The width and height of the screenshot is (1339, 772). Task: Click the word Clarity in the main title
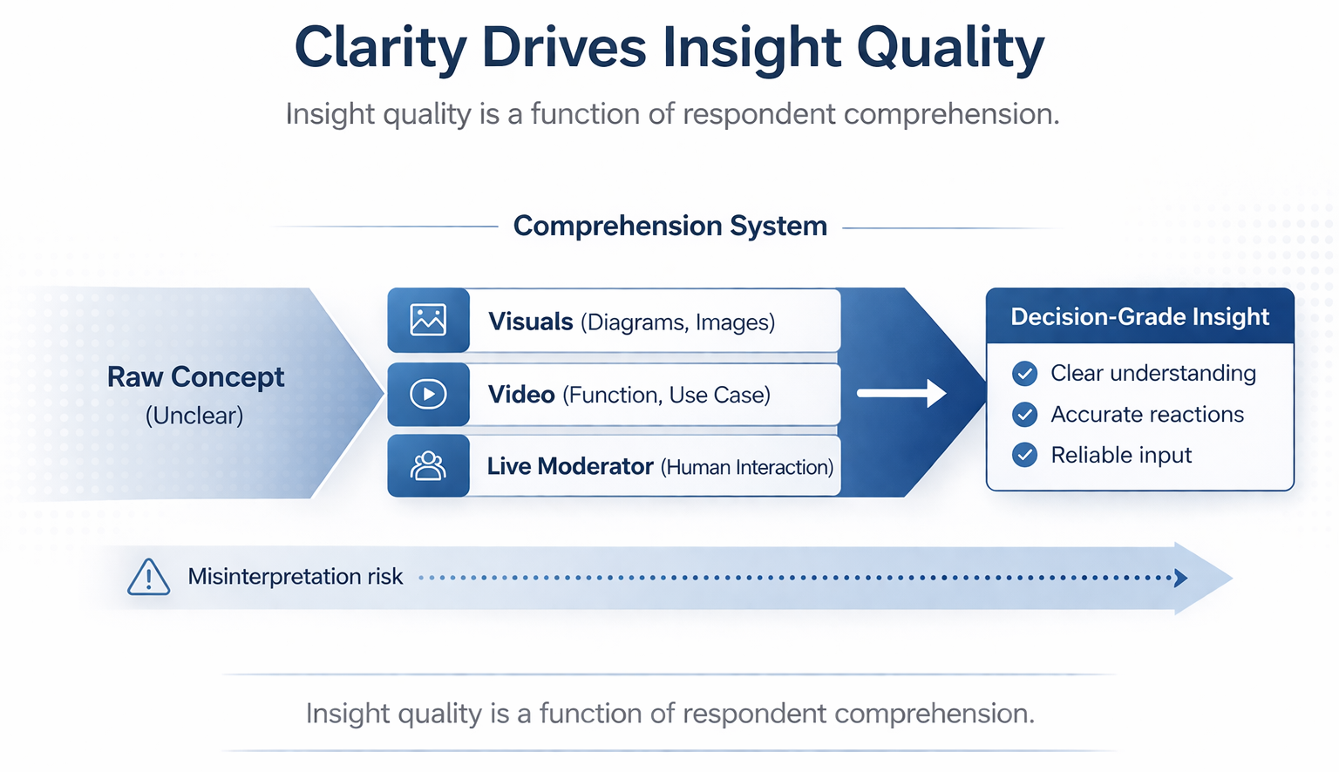tap(380, 48)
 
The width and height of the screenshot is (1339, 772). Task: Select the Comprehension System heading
tap(669, 226)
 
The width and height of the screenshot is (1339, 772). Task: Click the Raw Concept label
tap(195, 377)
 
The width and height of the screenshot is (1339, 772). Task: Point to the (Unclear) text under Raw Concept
tap(194, 416)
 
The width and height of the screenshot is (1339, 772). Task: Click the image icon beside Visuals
tap(428, 321)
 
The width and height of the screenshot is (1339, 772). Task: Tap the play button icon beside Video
tap(428, 395)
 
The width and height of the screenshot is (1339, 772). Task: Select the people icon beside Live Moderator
tap(428, 466)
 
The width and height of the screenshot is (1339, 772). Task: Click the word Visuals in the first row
tap(530, 322)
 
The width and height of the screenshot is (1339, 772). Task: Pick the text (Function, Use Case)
tap(667, 396)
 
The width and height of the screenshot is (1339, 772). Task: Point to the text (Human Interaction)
tap(747, 468)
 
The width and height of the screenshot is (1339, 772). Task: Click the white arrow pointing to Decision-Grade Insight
tap(901, 394)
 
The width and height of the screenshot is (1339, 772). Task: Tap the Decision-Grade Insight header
tap(1139, 316)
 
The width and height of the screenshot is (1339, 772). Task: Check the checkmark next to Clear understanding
tap(1025, 374)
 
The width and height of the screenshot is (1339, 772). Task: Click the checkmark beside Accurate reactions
tap(1025, 415)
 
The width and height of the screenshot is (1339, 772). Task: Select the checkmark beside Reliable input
tap(1025, 455)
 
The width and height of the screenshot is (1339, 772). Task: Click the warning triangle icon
tap(149, 577)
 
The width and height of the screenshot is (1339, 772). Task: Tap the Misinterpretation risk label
tap(296, 577)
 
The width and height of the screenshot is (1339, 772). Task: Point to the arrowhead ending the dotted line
tap(1181, 578)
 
